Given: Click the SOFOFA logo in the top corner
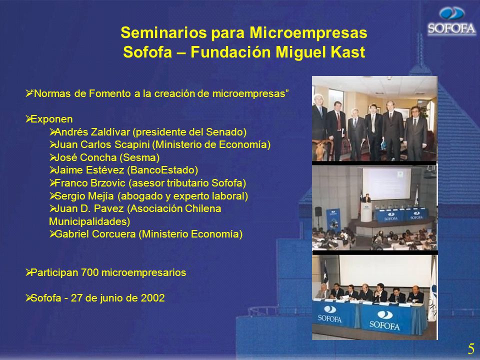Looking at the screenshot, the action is (x=451, y=21).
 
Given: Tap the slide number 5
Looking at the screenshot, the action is (x=471, y=349).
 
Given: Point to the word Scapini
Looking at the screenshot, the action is (x=131, y=144).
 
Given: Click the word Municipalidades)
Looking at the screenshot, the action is (x=89, y=221).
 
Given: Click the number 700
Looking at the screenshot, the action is (x=89, y=272).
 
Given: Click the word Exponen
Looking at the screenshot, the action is (x=51, y=119).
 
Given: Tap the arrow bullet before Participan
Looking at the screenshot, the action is (x=28, y=272).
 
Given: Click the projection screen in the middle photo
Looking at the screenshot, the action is (x=387, y=183).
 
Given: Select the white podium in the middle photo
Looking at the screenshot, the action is (x=366, y=212).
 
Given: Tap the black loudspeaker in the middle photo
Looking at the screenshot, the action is (x=318, y=211).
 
